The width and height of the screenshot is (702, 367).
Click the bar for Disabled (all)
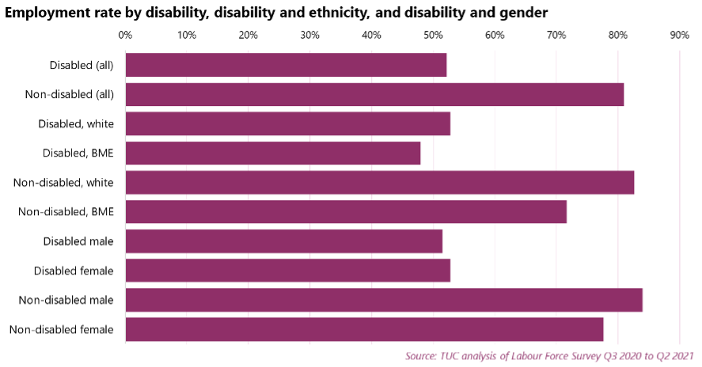click(x=285, y=65)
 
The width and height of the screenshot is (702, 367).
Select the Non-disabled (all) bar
click(x=374, y=94)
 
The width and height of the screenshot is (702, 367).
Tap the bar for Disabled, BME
click(x=272, y=153)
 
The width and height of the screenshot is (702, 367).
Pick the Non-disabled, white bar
click(x=379, y=182)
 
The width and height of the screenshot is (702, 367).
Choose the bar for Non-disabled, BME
click(x=345, y=212)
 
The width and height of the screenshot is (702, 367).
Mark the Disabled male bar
click(x=283, y=241)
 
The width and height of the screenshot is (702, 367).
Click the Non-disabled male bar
click(x=383, y=300)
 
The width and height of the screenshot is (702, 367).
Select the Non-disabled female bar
click(x=364, y=329)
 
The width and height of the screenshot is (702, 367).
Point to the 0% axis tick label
click(x=125, y=35)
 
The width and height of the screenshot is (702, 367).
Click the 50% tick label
click(x=433, y=35)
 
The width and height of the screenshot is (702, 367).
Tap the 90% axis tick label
click(x=679, y=35)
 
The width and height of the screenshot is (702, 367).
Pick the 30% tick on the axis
click(x=309, y=35)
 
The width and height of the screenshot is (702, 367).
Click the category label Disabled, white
click(x=76, y=124)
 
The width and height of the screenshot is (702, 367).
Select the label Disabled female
click(x=74, y=271)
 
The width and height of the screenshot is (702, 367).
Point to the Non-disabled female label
click(x=62, y=330)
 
